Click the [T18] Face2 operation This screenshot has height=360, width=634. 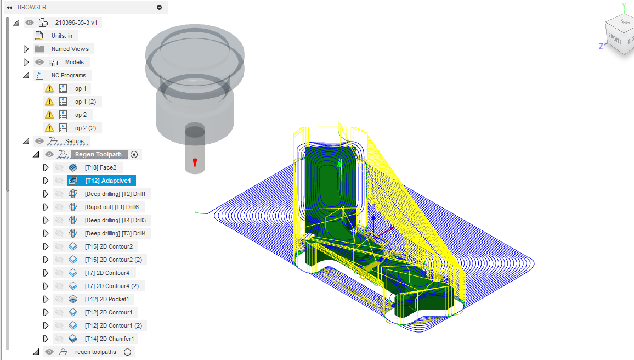click(100, 167)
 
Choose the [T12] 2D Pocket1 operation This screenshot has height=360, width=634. click(107, 299)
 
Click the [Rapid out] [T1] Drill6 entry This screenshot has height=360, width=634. click(111, 207)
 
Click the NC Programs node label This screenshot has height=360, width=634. click(69, 75)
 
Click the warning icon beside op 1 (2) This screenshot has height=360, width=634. click(49, 102)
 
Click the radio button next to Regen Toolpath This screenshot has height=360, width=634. click(134, 154)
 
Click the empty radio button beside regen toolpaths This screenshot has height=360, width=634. click(128, 352)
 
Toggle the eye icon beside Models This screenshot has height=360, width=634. click(39, 62)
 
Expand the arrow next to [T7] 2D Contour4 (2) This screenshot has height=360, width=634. click(46, 286)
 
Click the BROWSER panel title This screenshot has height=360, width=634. click(32, 7)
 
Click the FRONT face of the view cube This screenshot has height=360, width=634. click(615, 40)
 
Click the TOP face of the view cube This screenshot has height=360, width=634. click(624, 22)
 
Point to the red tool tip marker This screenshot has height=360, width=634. click(195, 162)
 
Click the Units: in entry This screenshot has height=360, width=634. click(62, 36)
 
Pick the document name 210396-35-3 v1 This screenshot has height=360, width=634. click(76, 22)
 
